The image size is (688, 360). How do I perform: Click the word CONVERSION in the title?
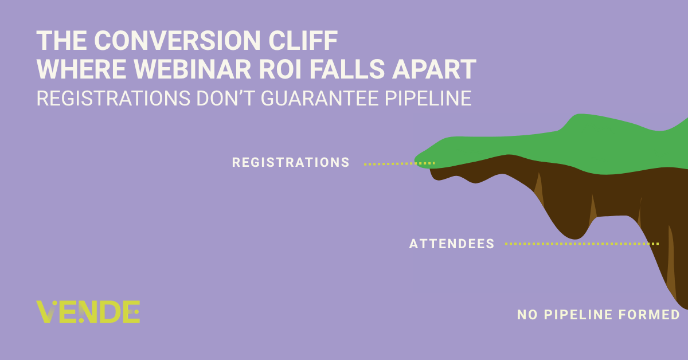coord(177,40)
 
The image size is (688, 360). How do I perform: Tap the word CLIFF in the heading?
coord(303,40)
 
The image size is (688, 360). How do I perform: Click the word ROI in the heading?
coord(280,69)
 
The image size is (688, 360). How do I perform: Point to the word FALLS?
coord(347,69)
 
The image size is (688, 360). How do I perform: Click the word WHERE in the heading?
coord(81,69)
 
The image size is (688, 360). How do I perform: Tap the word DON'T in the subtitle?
coord(225,98)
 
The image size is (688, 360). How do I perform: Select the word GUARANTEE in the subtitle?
coord(320,98)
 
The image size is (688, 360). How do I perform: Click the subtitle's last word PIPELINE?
coord(428,98)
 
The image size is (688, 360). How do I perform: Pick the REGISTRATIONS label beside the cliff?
coord(291,162)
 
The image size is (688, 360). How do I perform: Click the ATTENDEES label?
coord(452,244)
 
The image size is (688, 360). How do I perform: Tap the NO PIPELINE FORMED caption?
coord(599,315)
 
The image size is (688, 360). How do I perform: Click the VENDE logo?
coord(88,311)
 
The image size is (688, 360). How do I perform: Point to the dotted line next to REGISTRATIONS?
coord(399,164)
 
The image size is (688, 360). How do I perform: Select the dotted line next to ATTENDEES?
coord(582,244)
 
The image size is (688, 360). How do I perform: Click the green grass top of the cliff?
coord(584,144)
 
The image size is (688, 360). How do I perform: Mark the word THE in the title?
coord(61,40)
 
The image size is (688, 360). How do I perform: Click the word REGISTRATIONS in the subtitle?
coord(114,98)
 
